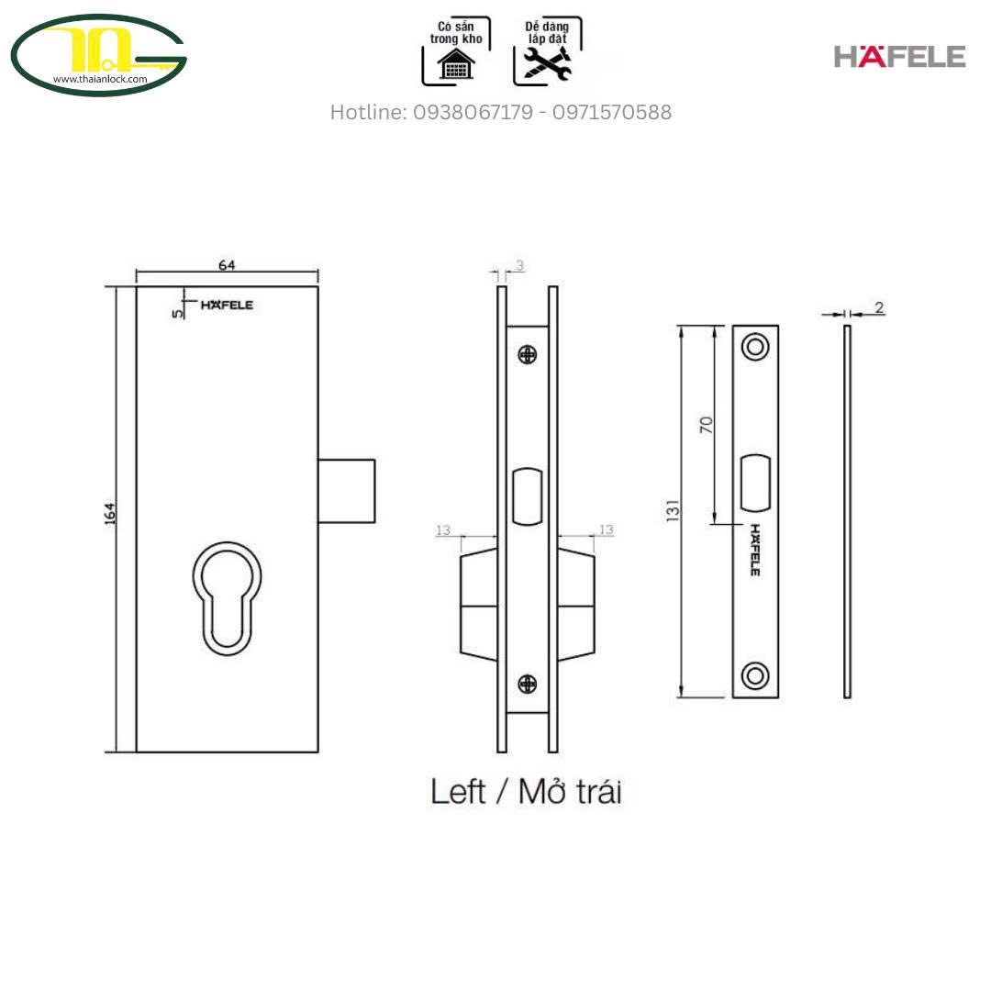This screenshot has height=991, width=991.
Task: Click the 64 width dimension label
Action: [x=227, y=265]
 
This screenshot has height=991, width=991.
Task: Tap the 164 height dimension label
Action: [x=110, y=513]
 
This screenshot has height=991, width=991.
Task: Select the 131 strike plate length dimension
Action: [x=674, y=511]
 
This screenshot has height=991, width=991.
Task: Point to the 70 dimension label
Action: [x=706, y=425]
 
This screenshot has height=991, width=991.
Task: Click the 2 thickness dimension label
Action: [x=879, y=307]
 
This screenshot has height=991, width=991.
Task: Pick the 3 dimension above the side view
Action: [x=519, y=265]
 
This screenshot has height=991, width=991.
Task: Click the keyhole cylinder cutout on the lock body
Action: [x=228, y=598]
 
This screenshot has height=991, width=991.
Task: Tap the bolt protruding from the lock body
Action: [x=346, y=491]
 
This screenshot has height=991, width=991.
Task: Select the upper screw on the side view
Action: [x=527, y=355]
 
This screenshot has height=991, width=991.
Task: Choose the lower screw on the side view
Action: [x=527, y=684]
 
